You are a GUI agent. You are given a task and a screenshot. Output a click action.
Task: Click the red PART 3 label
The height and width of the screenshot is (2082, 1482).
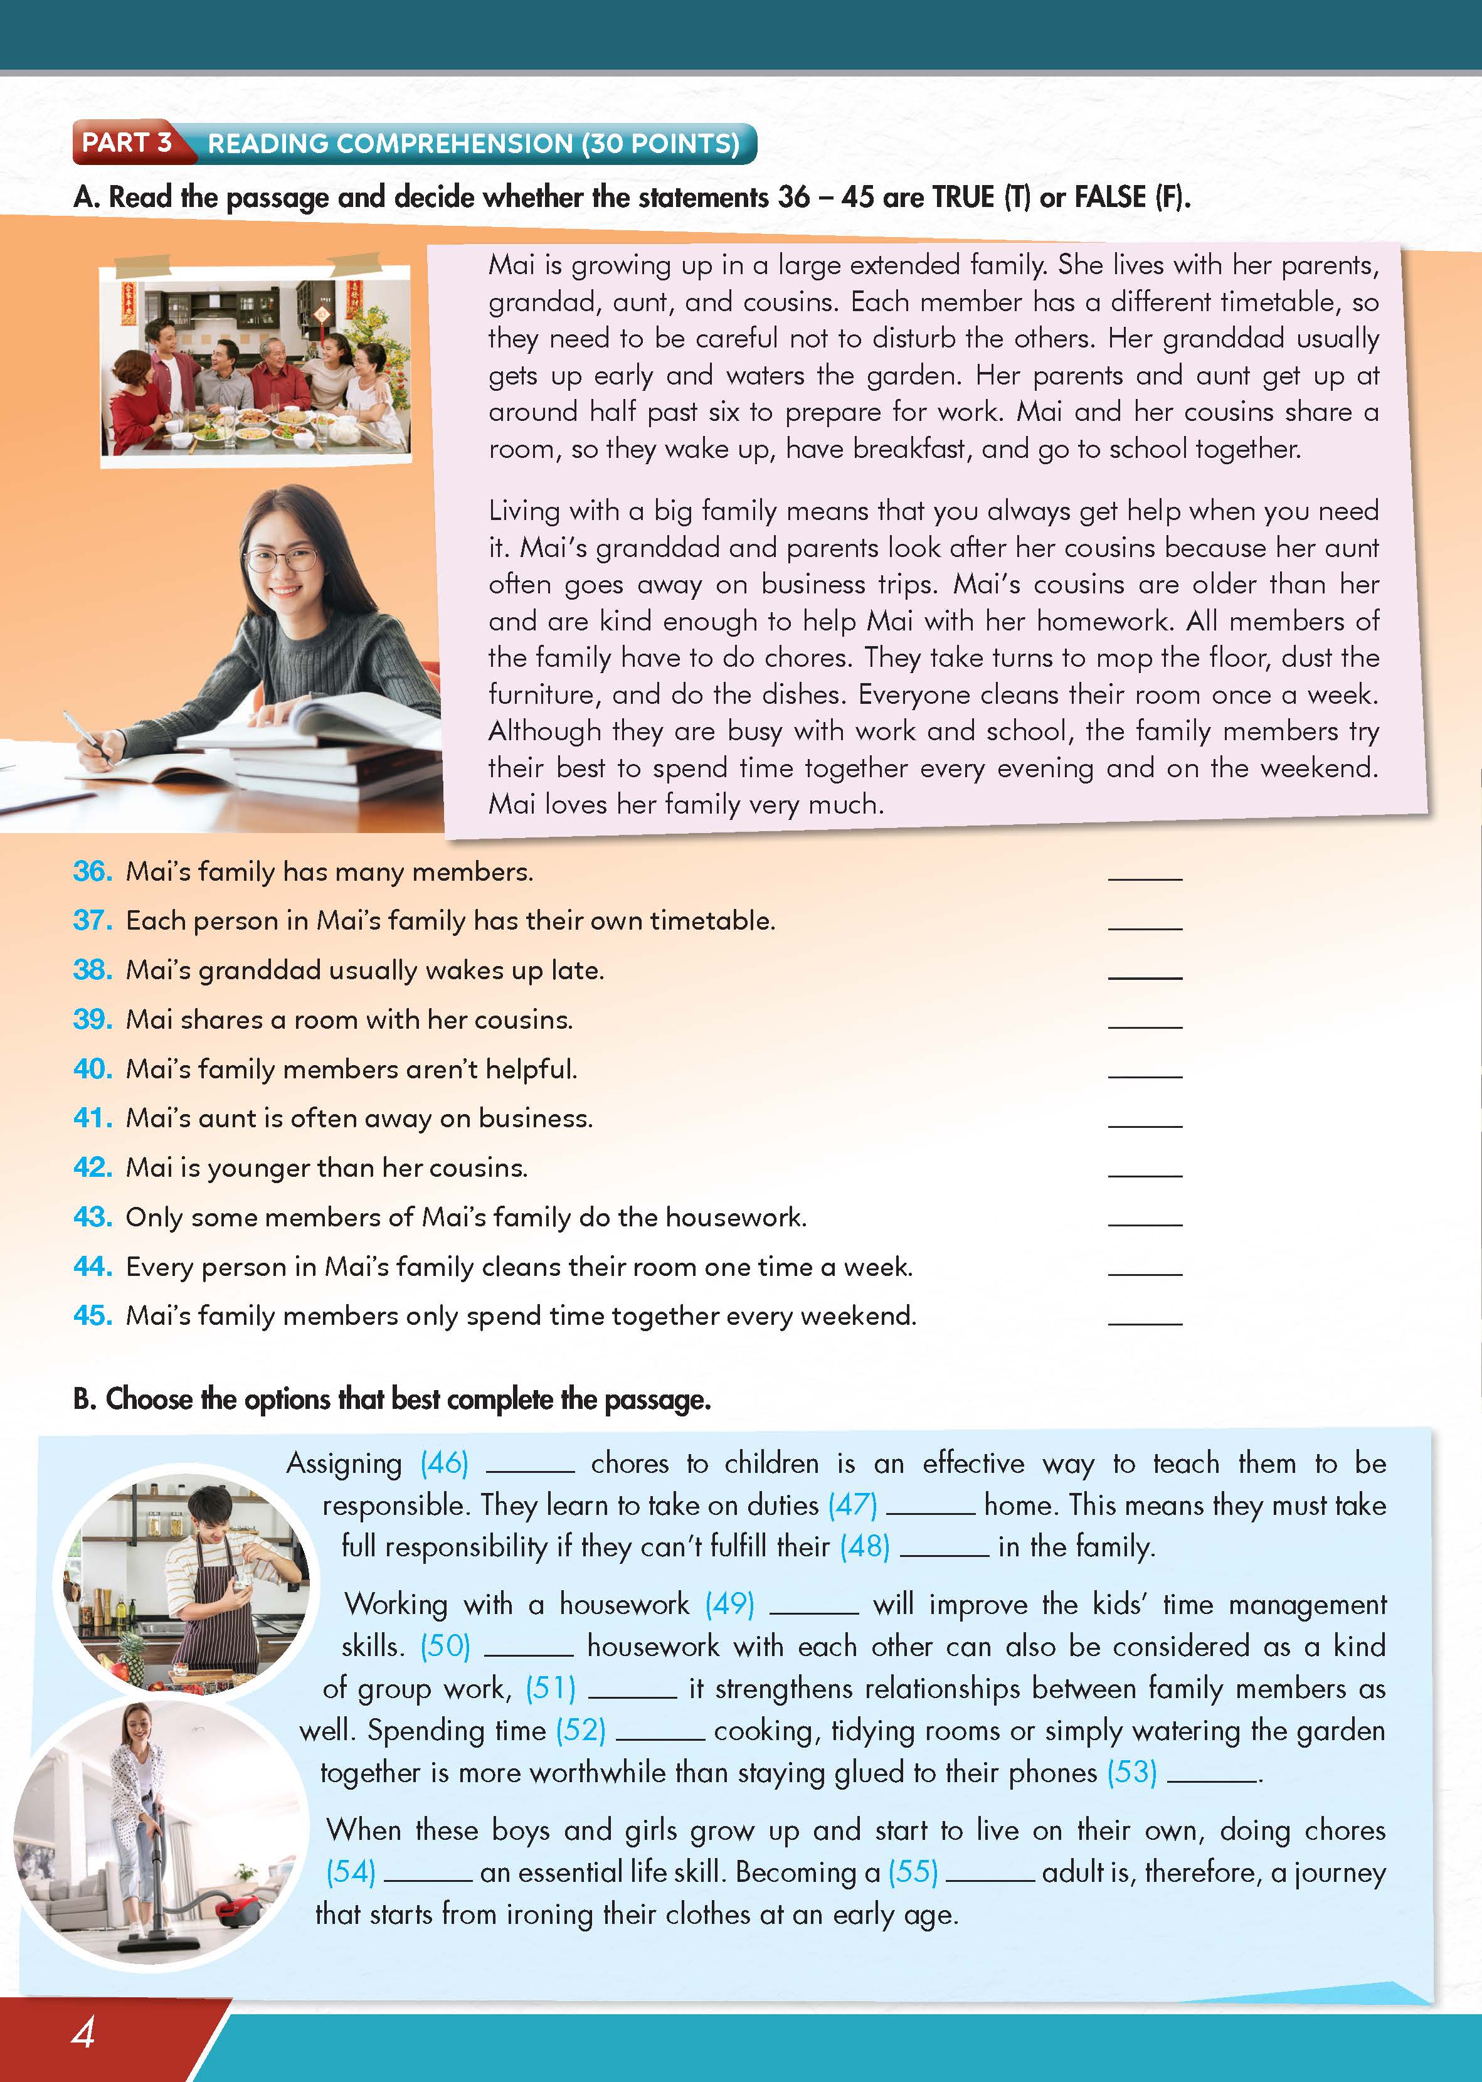[x=126, y=142]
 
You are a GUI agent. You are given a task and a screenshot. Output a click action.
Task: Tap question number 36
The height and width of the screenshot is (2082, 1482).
[x=92, y=872]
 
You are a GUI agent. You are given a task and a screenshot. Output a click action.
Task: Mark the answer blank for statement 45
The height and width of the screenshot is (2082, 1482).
[x=1145, y=1320]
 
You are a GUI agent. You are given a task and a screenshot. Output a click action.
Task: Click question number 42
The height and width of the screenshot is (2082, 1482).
[x=92, y=1167]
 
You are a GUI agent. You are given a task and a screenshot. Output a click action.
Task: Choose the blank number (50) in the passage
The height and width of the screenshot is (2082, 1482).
[x=445, y=1647]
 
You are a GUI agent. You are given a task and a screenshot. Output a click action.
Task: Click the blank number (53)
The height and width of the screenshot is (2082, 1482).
[x=1131, y=1773]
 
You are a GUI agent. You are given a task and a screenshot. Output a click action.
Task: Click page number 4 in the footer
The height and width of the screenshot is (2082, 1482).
[x=83, y=2032]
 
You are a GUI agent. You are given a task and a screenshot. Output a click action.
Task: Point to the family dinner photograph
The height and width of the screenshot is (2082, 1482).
[x=255, y=366]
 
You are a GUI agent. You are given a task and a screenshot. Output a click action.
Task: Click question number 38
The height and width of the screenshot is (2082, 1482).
[x=92, y=970]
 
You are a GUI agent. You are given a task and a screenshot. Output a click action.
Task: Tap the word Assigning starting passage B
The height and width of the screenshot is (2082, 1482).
[x=344, y=1464]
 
